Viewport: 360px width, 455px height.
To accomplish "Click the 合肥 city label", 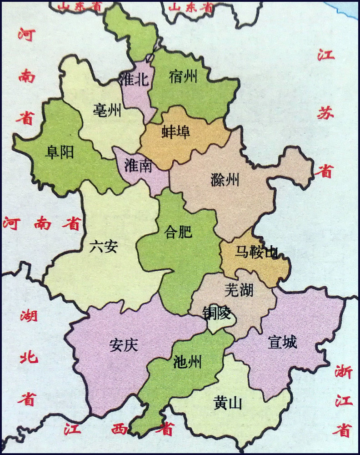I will (x=179, y=233).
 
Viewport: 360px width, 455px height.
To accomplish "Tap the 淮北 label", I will (x=133, y=80).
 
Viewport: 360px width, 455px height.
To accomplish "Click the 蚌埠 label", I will (x=175, y=131).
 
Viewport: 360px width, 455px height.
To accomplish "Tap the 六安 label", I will (x=104, y=247).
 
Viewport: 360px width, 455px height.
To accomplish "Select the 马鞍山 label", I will (x=256, y=252).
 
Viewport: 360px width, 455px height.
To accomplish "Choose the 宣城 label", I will (x=283, y=342).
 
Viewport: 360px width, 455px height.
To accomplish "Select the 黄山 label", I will (x=227, y=403).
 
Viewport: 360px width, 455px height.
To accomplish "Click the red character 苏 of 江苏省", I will (x=325, y=114).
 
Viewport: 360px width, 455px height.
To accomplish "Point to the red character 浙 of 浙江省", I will (x=343, y=372).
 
